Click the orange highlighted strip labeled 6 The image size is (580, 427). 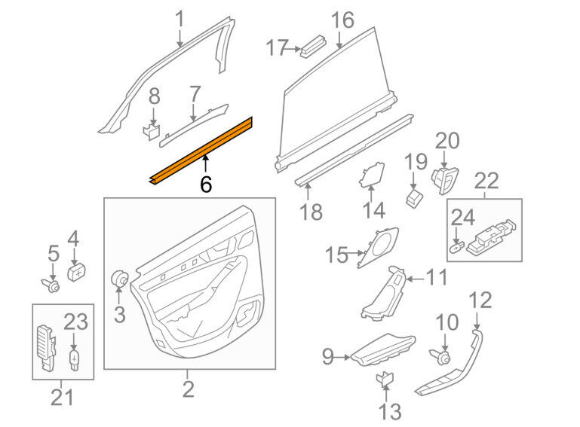click(201, 151)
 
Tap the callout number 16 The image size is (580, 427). click(342, 20)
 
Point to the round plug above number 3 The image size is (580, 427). click(119, 279)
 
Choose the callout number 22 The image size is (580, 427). click(486, 181)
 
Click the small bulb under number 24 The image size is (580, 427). click(458, 247)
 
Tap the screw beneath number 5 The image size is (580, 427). click(51, 285)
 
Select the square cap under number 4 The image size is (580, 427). click(76, 273)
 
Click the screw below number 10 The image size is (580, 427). click(440, 356)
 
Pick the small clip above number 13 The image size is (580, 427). click(385, 379)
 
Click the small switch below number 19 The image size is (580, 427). click(415, 197)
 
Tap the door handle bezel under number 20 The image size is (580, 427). click(445, 180)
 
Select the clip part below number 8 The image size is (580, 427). click(152, 132)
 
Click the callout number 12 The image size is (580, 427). click(480, 300)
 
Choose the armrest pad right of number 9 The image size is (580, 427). click(383, 349)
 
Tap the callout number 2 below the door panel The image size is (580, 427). click(188, 389)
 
